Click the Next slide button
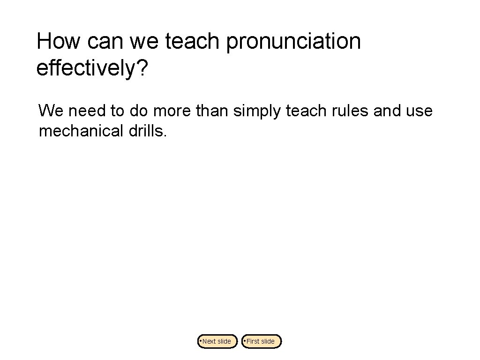click(217, 341)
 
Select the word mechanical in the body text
click(80, 131)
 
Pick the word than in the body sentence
click(212, 111)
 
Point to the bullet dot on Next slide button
click(200, 340)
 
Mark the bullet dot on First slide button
click(244, 340)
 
